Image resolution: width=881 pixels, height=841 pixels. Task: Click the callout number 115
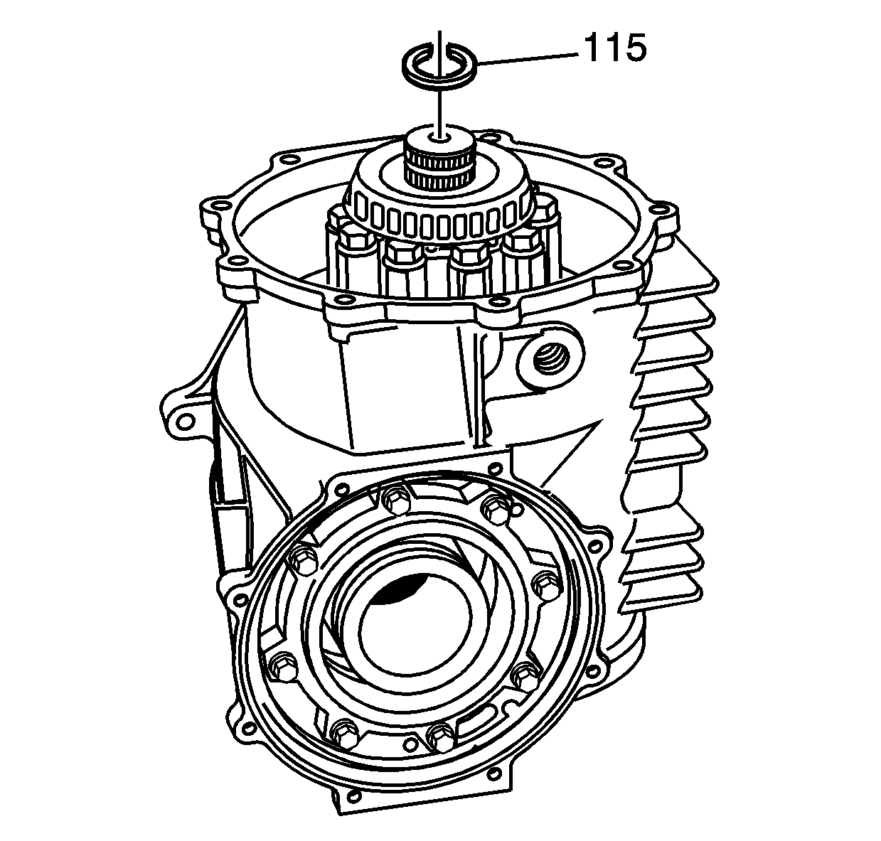(x=615, y=48)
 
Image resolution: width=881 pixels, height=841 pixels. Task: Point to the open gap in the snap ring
(x=439, y=47)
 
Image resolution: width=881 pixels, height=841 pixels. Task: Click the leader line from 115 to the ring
(x=526, y=59)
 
